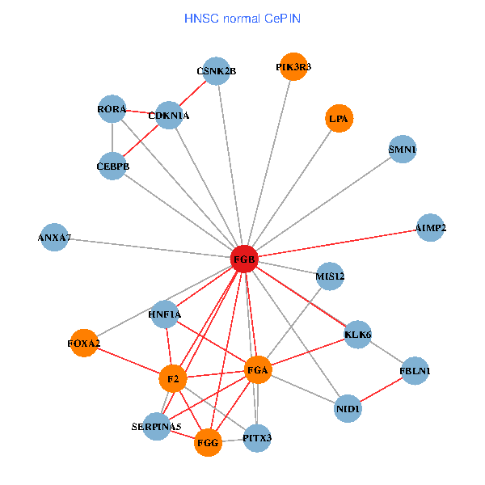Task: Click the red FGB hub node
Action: pyautogui.click(x=244, y=259)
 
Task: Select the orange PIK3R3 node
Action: pyautogui.click(x=293, y=67)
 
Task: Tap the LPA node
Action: pyautogui.click(x=338, y=119)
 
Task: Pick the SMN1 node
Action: pyautogui.click(x=402, y=150)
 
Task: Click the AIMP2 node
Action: pyautogui.click(x=430, y=228)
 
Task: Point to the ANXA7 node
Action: pyautogui.click(x=55, y=238)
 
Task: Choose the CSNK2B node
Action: pyautogui.click(x=216, y=71)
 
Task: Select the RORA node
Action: pyautogui.click(x=112, y=109)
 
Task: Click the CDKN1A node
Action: pyautogui.click(x=169, y=116)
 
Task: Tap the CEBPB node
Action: pyautogui.click(x=112, y=167)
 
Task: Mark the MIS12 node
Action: pyautogui.click(x=330, y=276)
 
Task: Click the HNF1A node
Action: pyautogui.click(x=165, y=314)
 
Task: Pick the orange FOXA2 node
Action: pyautogui.click(x=84, y=344)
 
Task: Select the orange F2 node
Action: pyautogui.click(x=172, y=378)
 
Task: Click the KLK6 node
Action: pyautogui.click(x=357, y=334)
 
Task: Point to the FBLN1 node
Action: pyautogui.click(x=415, y=371)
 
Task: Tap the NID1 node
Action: pyautogui.click(x=348, y=409)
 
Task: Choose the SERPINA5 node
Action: pyautogui.click(x=157, y=426)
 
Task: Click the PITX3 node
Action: pyautogui.click(x=257, y=438)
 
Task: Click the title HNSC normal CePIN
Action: pyautogui.click(x=242, y=18)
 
